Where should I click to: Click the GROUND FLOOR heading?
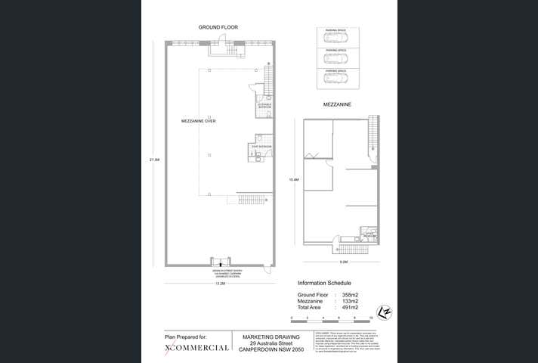tap(218, 27)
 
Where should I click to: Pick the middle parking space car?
tap(336, 57)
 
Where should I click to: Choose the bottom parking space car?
tap(336, 77)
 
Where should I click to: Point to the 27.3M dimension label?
tap(155, 160)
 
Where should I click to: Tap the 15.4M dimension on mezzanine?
tap(294, 179)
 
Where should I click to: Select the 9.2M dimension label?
tap(342, 260)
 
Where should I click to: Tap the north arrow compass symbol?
tap(385, 312)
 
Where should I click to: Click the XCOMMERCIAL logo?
tap(196, 348)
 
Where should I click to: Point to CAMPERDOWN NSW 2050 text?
tap(270, 350)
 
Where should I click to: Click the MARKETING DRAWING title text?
tap(270, 337)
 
